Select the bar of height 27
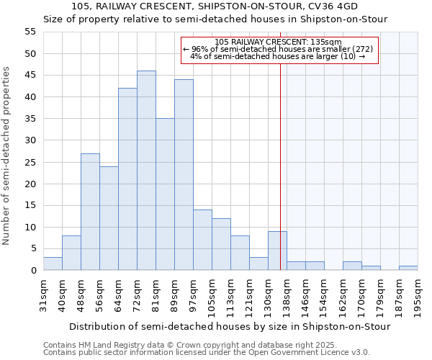coord(90,212)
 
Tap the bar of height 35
coord(165,194)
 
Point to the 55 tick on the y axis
coord(30,32)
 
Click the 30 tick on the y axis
coord(30,140)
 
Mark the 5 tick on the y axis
coord(33,248)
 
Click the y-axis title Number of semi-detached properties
coord(7,156)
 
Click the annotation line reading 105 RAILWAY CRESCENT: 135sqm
coord(278,42)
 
